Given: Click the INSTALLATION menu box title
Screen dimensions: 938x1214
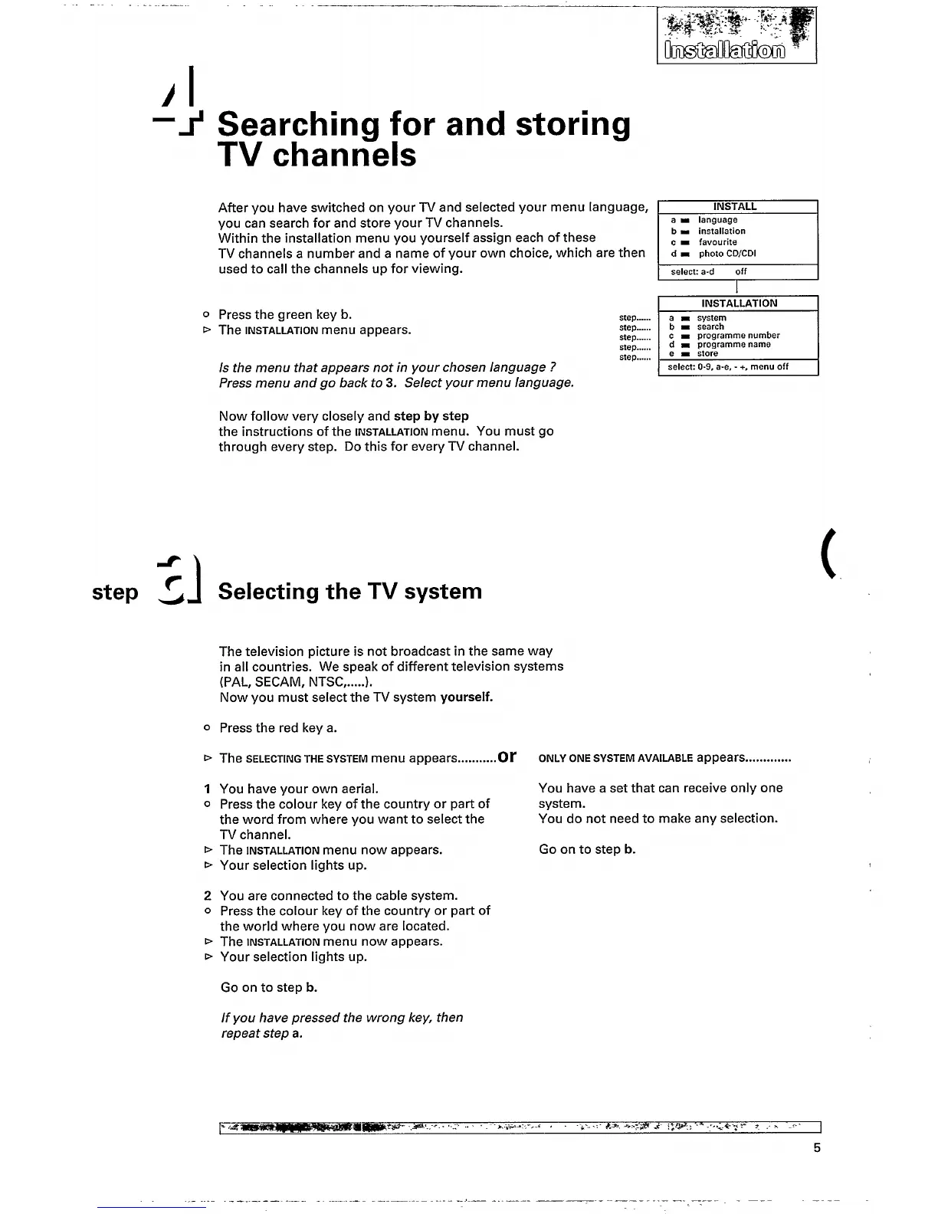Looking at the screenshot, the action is coord(739,303).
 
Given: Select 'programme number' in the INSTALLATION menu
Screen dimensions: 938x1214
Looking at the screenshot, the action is coord(737,336).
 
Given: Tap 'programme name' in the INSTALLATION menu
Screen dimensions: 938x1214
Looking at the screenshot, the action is coord(733,345).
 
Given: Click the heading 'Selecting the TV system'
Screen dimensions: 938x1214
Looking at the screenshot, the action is coord(350,592).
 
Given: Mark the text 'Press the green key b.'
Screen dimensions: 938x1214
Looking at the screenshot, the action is coord(285,314).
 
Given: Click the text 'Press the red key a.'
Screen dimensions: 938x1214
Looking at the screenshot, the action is coord(278,727).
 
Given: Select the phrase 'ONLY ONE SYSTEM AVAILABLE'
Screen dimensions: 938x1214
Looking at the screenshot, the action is coord(615,759).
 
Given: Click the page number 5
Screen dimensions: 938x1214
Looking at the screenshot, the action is coord(817,1147).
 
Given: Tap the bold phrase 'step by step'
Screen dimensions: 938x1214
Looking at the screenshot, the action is coord(431,416).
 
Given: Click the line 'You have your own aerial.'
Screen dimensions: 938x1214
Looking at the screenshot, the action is coord(299,788).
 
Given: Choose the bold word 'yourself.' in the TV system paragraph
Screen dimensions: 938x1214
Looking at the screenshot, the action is coord(467,697).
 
